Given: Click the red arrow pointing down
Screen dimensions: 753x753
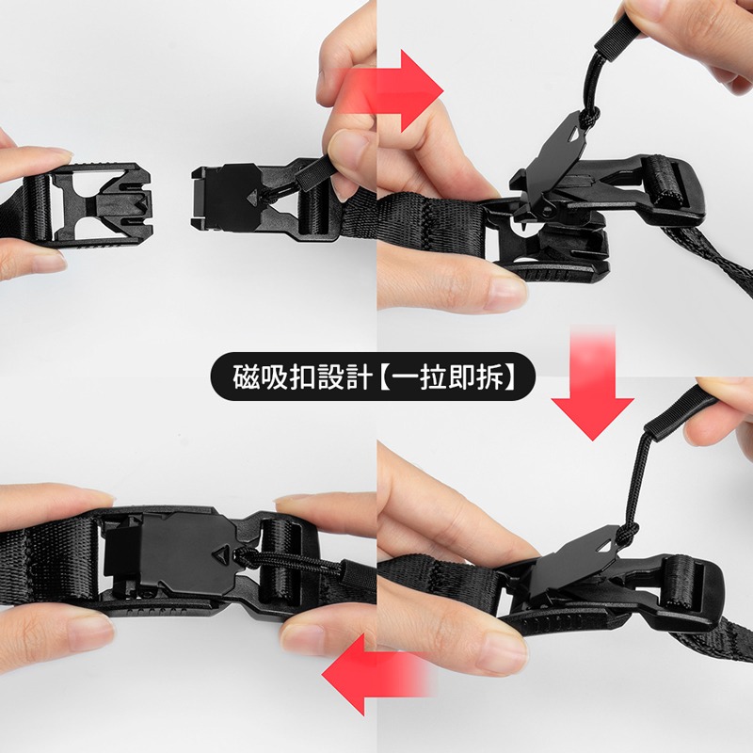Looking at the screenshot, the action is pos(592,384).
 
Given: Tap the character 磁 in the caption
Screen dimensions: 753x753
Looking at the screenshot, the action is pos(247,377).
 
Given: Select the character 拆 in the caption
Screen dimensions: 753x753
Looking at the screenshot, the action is pos(490,377).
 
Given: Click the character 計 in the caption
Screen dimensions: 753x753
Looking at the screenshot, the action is pos(359,377).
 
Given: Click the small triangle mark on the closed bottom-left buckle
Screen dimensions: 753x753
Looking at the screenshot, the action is pos(221,553).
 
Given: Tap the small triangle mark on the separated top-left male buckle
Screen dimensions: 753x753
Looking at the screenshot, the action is pos(251,198).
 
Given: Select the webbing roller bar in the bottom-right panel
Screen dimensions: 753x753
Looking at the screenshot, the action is pos(679,584).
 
